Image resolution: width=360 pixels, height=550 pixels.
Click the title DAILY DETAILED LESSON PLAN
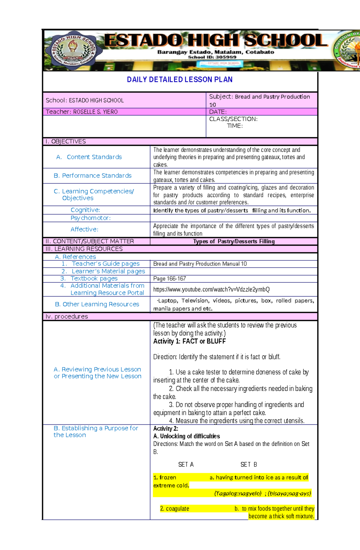point(179,80)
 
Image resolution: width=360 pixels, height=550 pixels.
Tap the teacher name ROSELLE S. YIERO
point(95,112)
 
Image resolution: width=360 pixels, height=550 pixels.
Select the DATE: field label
point(217,112)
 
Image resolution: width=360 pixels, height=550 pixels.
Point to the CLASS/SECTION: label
point(233,119)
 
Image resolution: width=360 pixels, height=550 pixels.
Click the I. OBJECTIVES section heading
point(65,141)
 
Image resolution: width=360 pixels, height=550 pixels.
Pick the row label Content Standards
point(94,157)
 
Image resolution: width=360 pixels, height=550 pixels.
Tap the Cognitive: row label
point(85,210)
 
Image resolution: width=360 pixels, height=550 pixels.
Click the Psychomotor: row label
point(91,218)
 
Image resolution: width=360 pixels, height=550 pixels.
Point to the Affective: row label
point(84,229)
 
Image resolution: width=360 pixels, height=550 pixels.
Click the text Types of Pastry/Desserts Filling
point(234,242)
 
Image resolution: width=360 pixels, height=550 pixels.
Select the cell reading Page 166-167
point(169,279)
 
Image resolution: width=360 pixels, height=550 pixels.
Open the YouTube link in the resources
point(211,290)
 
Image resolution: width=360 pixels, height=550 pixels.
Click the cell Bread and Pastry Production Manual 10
point(200,264)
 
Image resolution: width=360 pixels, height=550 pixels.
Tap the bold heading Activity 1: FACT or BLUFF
point(189,341)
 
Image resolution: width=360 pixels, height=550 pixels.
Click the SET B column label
point(248,465)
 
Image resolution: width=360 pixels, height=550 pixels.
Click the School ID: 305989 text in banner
point(212,57)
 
